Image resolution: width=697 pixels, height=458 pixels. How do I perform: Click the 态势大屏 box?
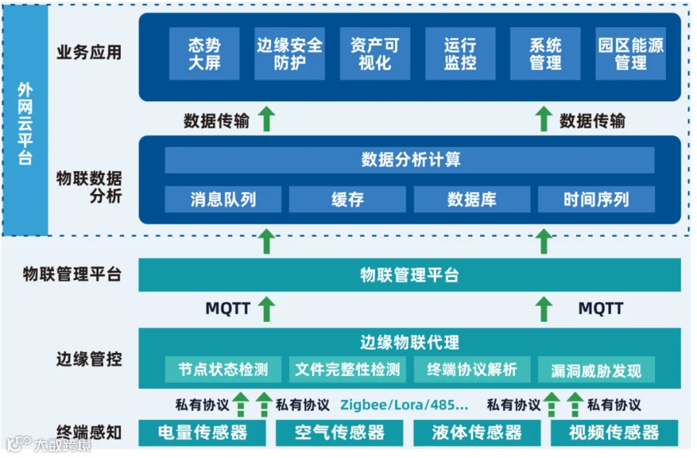point(204,53)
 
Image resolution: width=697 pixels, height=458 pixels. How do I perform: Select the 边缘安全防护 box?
point(290,53)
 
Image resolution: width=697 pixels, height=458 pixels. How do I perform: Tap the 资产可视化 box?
point(375,53)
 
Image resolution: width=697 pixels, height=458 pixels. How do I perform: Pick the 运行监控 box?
point(460,53)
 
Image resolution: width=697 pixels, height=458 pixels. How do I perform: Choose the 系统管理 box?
point(545,53)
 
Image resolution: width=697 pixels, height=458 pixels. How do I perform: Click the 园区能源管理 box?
point(630,53)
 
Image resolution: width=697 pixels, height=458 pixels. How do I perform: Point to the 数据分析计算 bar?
point(410,160)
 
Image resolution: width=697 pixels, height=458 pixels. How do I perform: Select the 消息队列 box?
point(223,200)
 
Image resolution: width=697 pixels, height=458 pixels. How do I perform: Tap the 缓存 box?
point(347,200)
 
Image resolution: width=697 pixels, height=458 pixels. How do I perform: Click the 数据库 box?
point(472,200)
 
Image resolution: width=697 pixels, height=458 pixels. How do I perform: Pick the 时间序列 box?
point(596,200)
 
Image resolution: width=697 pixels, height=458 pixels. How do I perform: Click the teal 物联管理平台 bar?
point(410,275)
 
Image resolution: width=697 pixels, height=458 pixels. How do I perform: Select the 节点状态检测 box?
point(223,369)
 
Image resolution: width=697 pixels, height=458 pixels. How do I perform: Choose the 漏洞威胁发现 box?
point(596,370)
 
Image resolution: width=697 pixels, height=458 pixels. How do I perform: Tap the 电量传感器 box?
point(202,432)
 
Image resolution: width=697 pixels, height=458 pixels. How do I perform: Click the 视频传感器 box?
point(614,432)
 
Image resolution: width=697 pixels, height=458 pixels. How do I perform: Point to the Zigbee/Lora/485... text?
point(404,405)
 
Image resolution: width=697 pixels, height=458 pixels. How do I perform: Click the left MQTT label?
point(228,308)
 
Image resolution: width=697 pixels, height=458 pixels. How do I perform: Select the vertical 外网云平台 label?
point(25,124)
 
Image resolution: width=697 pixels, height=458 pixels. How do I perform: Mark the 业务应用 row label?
point(89,53)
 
